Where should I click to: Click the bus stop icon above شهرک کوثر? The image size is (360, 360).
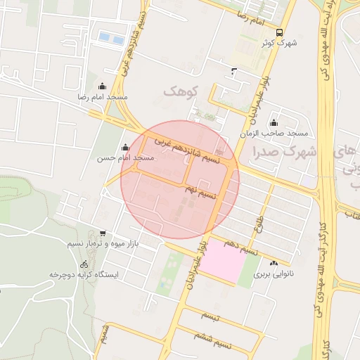[x=280, y=32]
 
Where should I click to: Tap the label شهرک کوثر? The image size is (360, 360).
[x=280, y=44]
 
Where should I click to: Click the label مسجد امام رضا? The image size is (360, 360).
[x=103, y=96]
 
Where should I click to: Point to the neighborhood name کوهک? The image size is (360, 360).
[x=182, y=91]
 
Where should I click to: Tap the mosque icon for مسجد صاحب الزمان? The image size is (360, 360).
[x=274, y=124]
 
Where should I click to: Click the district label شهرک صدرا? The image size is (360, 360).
[x=288, y=152]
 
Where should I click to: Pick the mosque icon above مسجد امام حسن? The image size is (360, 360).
[x=125, y=148]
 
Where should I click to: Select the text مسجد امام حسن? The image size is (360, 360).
[x=126, y=158]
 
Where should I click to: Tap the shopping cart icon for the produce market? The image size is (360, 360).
[x=103, y=233]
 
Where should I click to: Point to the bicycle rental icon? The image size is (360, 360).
[x=84, y=263]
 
